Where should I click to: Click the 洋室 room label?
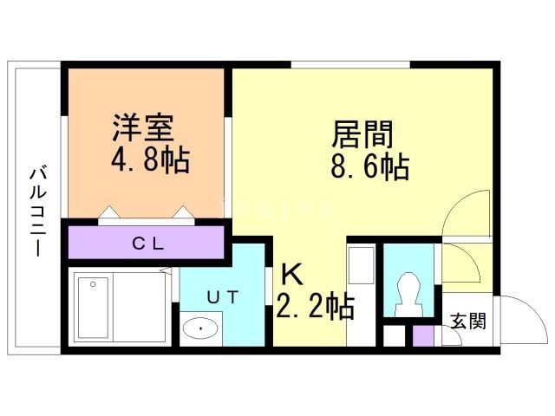[143, 127]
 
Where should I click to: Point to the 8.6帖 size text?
[369, 166]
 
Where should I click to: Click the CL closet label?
[147, 242]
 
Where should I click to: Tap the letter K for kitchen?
[291, 276]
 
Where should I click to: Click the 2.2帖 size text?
[314, 307]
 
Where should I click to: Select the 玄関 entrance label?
[467, 321]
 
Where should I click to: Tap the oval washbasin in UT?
[201, 329]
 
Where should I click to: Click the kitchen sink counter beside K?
[360, 295]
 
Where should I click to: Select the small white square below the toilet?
[394, 335]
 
